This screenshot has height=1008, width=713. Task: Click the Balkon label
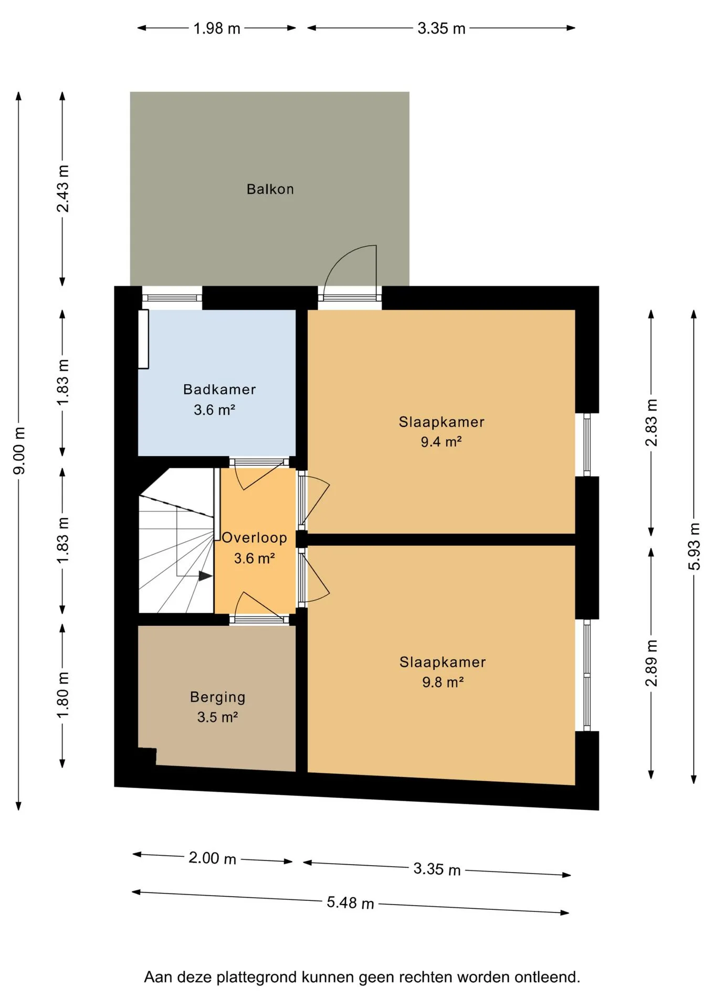click(x=270, y=189)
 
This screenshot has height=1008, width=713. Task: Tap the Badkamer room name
click(x=219, y=390)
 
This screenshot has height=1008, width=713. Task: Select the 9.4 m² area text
click(x=441, y=442)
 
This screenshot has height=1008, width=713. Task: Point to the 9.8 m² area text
click(x=443, y=682)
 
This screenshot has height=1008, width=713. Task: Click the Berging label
click(x=217, y=698)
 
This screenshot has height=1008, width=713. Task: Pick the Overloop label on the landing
click(x=255, y=538)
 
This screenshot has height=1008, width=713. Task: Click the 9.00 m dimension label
click(x=19, y=450)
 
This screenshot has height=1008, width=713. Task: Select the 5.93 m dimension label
click(x=694, y=546)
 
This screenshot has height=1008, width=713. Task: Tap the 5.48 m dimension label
click(x=350, y=902)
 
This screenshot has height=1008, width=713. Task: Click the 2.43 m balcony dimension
click(x=62, y=188)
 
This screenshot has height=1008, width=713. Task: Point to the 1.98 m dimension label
click(x=217, y=28)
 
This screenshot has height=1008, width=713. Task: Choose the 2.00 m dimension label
click(x=212, y=858)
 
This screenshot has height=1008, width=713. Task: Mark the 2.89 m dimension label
click(x=651, y=663)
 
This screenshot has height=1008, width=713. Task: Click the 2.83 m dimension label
click(x=651, y=423)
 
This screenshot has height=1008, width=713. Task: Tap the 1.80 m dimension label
click(x=62, y=695)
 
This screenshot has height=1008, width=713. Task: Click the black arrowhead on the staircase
click(x=205, y=576)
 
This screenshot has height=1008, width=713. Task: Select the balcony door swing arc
click(x=341, y=257)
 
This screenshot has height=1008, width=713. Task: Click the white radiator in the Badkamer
click(x=143, y=339)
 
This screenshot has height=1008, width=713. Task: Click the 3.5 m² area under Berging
click(x=217, y=717)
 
